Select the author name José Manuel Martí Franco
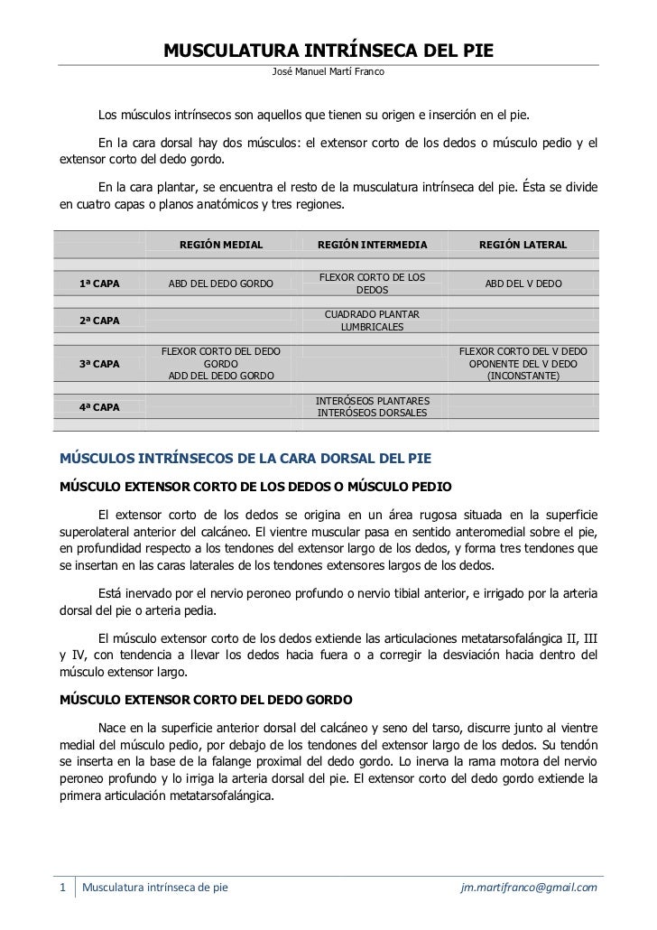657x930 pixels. (x=328, y=70)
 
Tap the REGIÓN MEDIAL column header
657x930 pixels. (x=221, y=245)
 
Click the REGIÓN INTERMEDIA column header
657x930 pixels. (x=372, y=245)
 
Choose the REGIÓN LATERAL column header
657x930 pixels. (x=523, y=245)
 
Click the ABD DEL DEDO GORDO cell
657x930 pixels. (x=221, y=284)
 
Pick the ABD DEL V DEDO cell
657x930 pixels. (x=523, y=284)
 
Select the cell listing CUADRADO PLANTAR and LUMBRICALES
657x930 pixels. (x=372, y=321)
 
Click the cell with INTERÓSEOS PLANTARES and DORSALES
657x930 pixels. (x=372, y=407)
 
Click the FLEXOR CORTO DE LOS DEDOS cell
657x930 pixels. (x=372, y=284)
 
